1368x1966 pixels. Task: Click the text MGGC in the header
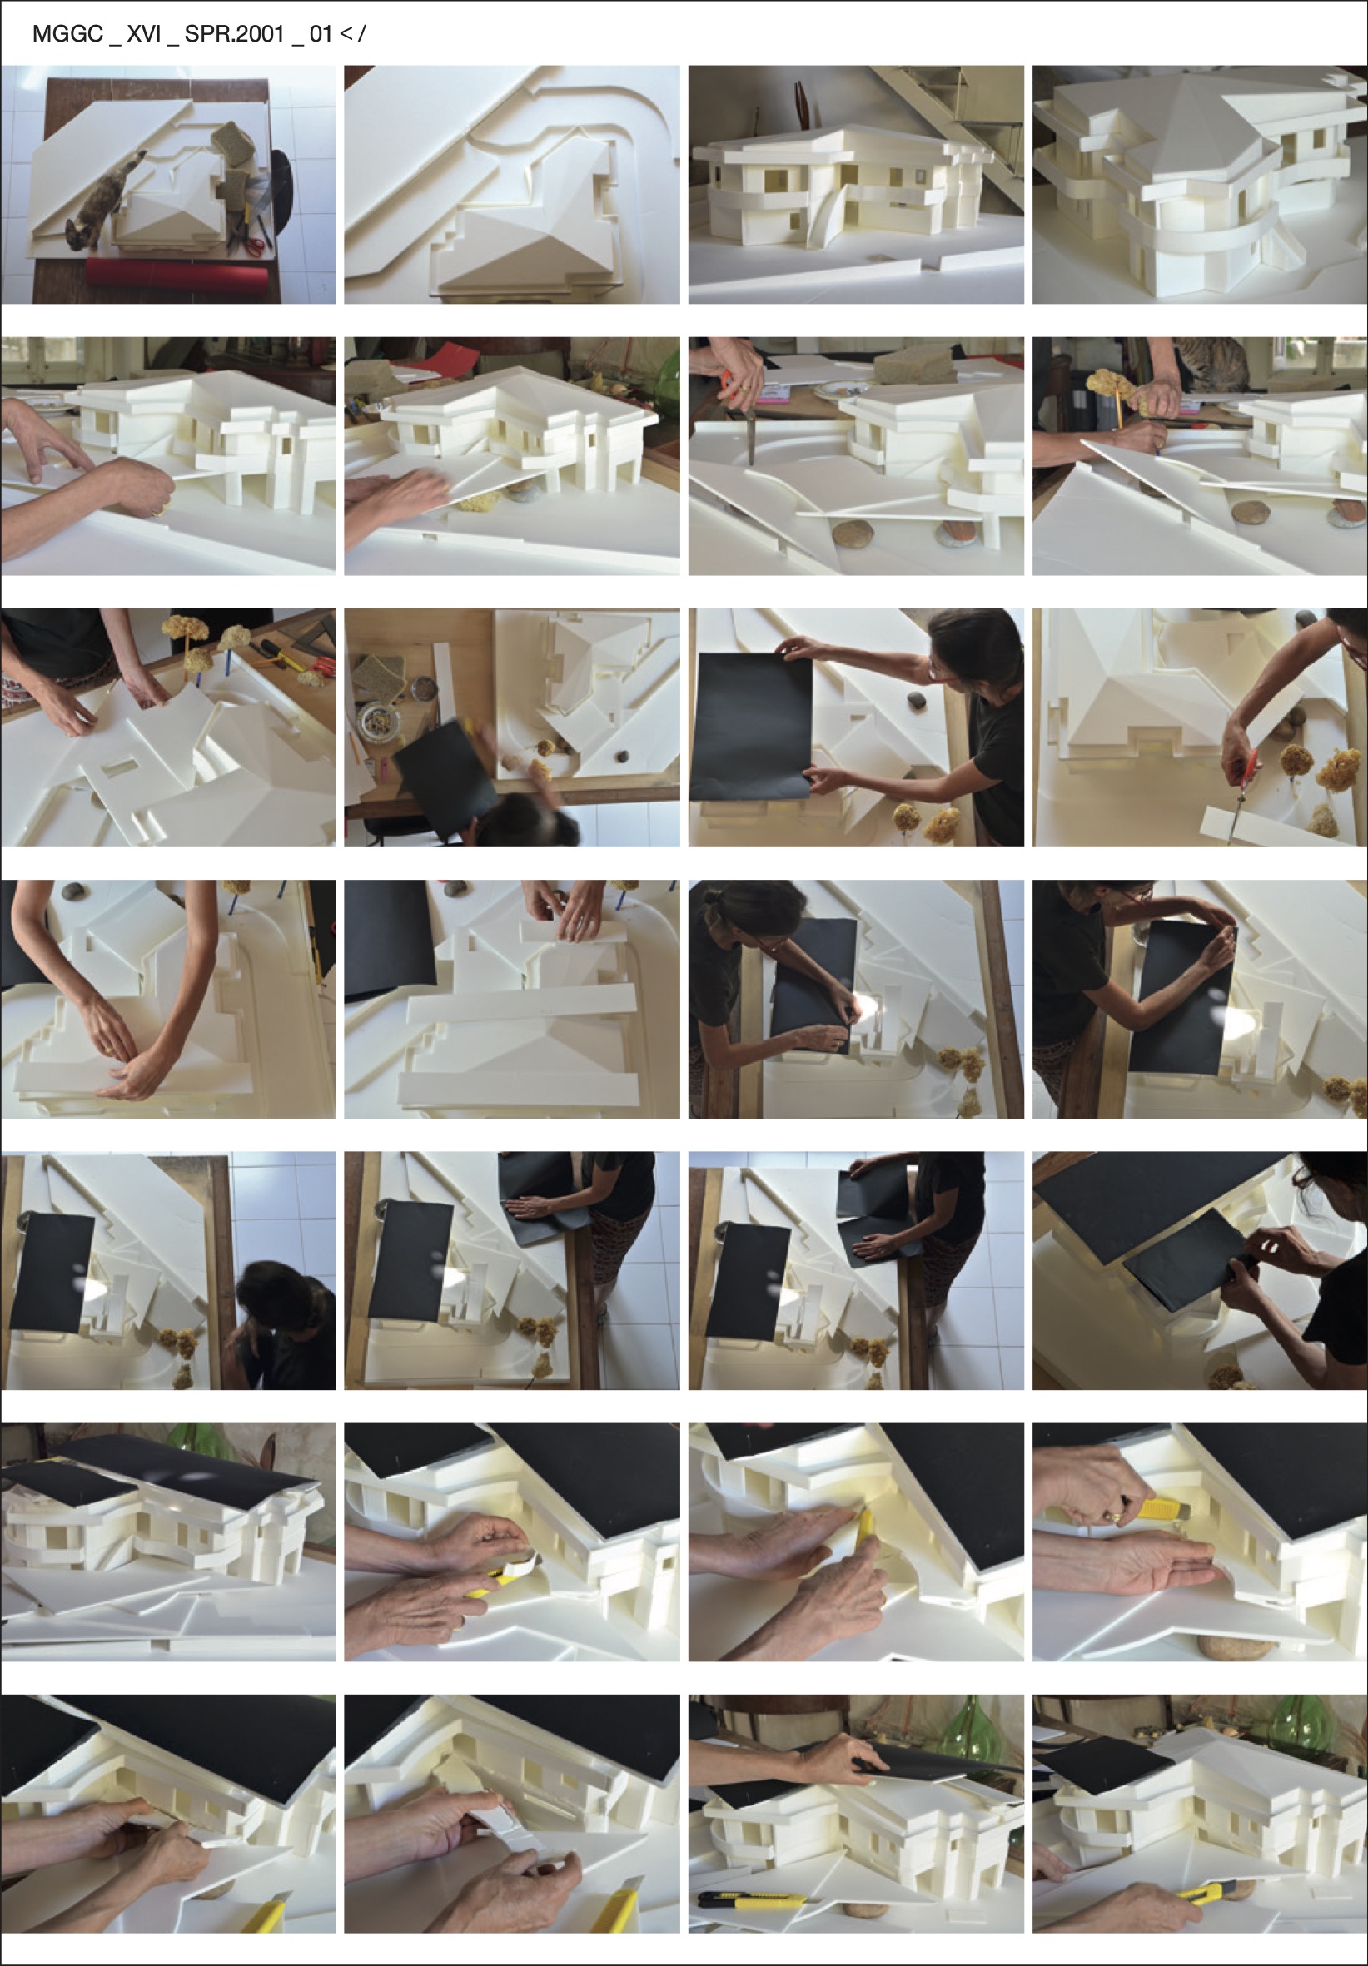67,34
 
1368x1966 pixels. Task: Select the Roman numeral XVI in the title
144,34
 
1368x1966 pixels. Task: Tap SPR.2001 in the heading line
234,34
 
